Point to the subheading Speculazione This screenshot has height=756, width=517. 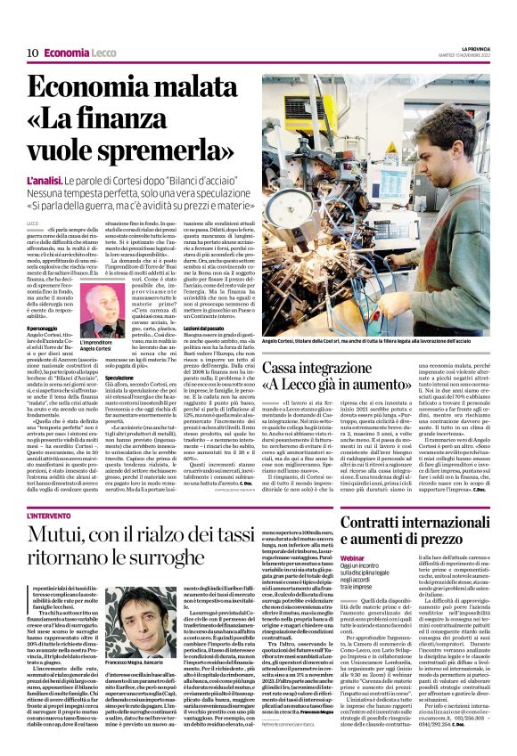pyautogui.click(x=121, y=377)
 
